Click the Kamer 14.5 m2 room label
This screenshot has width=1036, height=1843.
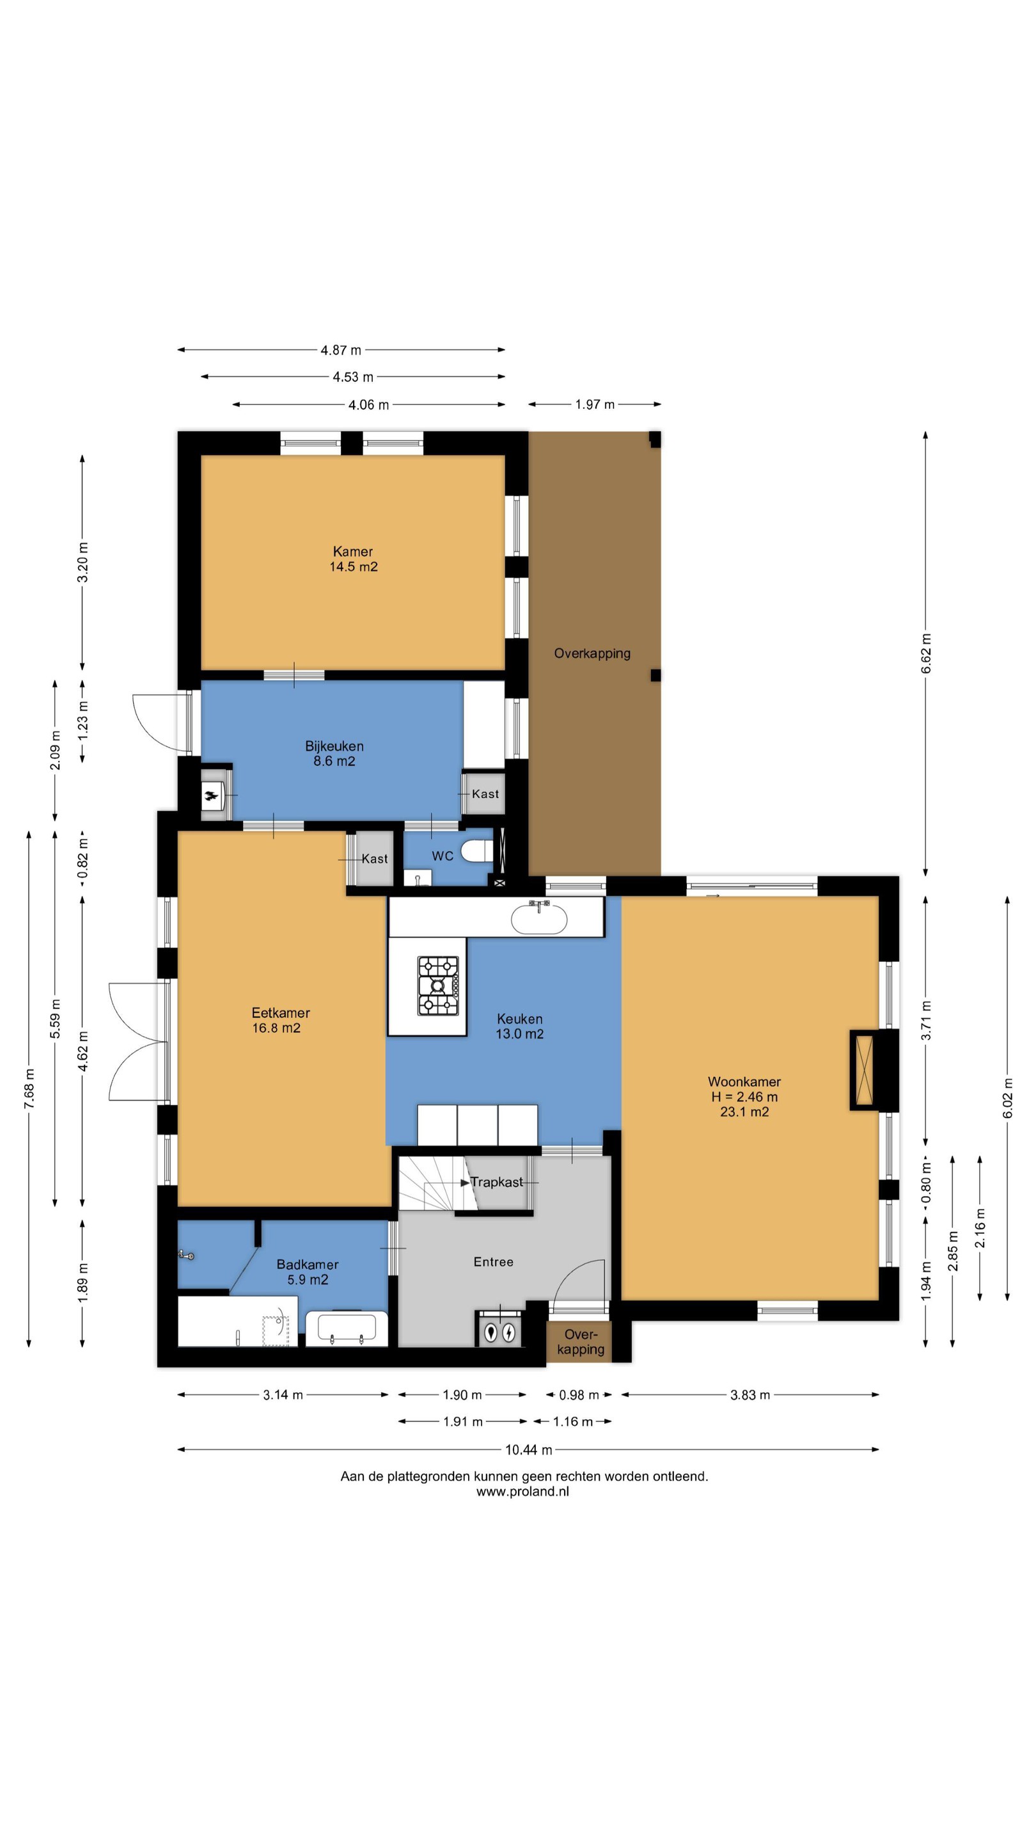[353, 559]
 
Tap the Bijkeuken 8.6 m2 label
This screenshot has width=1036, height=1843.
[334, 753]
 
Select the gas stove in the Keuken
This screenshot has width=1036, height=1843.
[437, 986]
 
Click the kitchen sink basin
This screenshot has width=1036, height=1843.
[539, 919]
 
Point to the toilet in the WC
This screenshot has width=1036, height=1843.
[477, 851]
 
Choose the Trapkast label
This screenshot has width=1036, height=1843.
[496, 1182]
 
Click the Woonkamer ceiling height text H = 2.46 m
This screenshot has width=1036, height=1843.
[744, 1097]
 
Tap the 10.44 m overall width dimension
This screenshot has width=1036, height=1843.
[528, 1449]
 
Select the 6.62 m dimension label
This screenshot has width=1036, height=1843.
[926, 653]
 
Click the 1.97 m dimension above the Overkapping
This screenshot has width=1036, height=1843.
[595, 404]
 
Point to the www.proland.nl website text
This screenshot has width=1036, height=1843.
[522, 1492]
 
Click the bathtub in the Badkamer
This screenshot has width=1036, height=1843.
[347, 1328]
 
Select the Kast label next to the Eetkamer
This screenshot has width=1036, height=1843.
[375, 859]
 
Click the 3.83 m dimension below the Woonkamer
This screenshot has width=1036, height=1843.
[750, 1394]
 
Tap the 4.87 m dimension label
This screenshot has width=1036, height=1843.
[341, 350]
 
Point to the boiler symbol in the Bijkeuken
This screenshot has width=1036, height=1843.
[213, 795]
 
